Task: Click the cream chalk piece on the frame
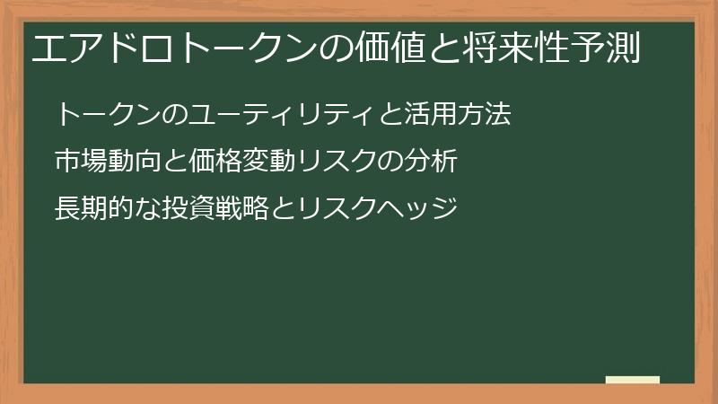click(x=633, y=381)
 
